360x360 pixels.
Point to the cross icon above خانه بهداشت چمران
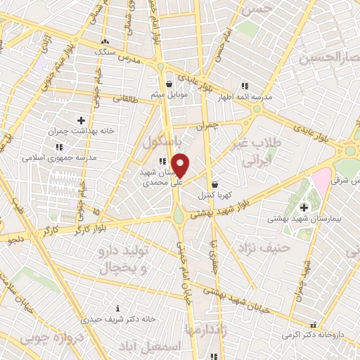click(x=81, y=120)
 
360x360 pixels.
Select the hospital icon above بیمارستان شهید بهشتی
click(x=304, y=207)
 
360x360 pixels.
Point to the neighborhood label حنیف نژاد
click(x=278, y=247)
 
